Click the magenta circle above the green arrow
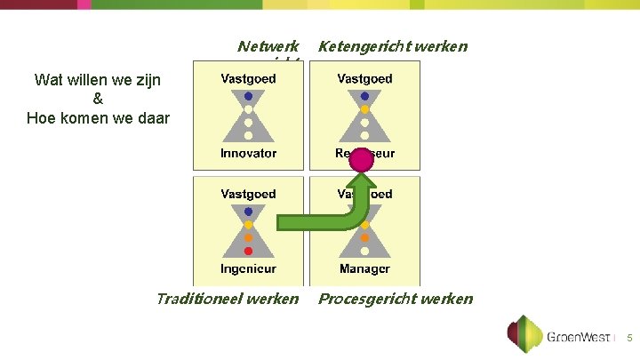coord(361,160)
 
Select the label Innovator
coord(249,153)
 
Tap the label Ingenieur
coord(249,268)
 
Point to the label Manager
coord(364,268)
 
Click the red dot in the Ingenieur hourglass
coord(249,251)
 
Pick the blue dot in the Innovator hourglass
coord(249,96)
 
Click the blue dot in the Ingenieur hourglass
coord(249,212)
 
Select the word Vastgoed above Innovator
coord(249,79)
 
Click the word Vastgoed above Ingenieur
coord(249,194)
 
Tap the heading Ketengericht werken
coord(392,45)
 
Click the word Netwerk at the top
coord(268,45)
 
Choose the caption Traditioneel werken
coord(228,299)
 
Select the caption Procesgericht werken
coord(396,299)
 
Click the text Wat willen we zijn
coord(98,80)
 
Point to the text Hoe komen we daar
coord(98,117)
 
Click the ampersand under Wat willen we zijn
coord(98,99)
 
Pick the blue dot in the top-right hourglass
coord(364,96)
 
